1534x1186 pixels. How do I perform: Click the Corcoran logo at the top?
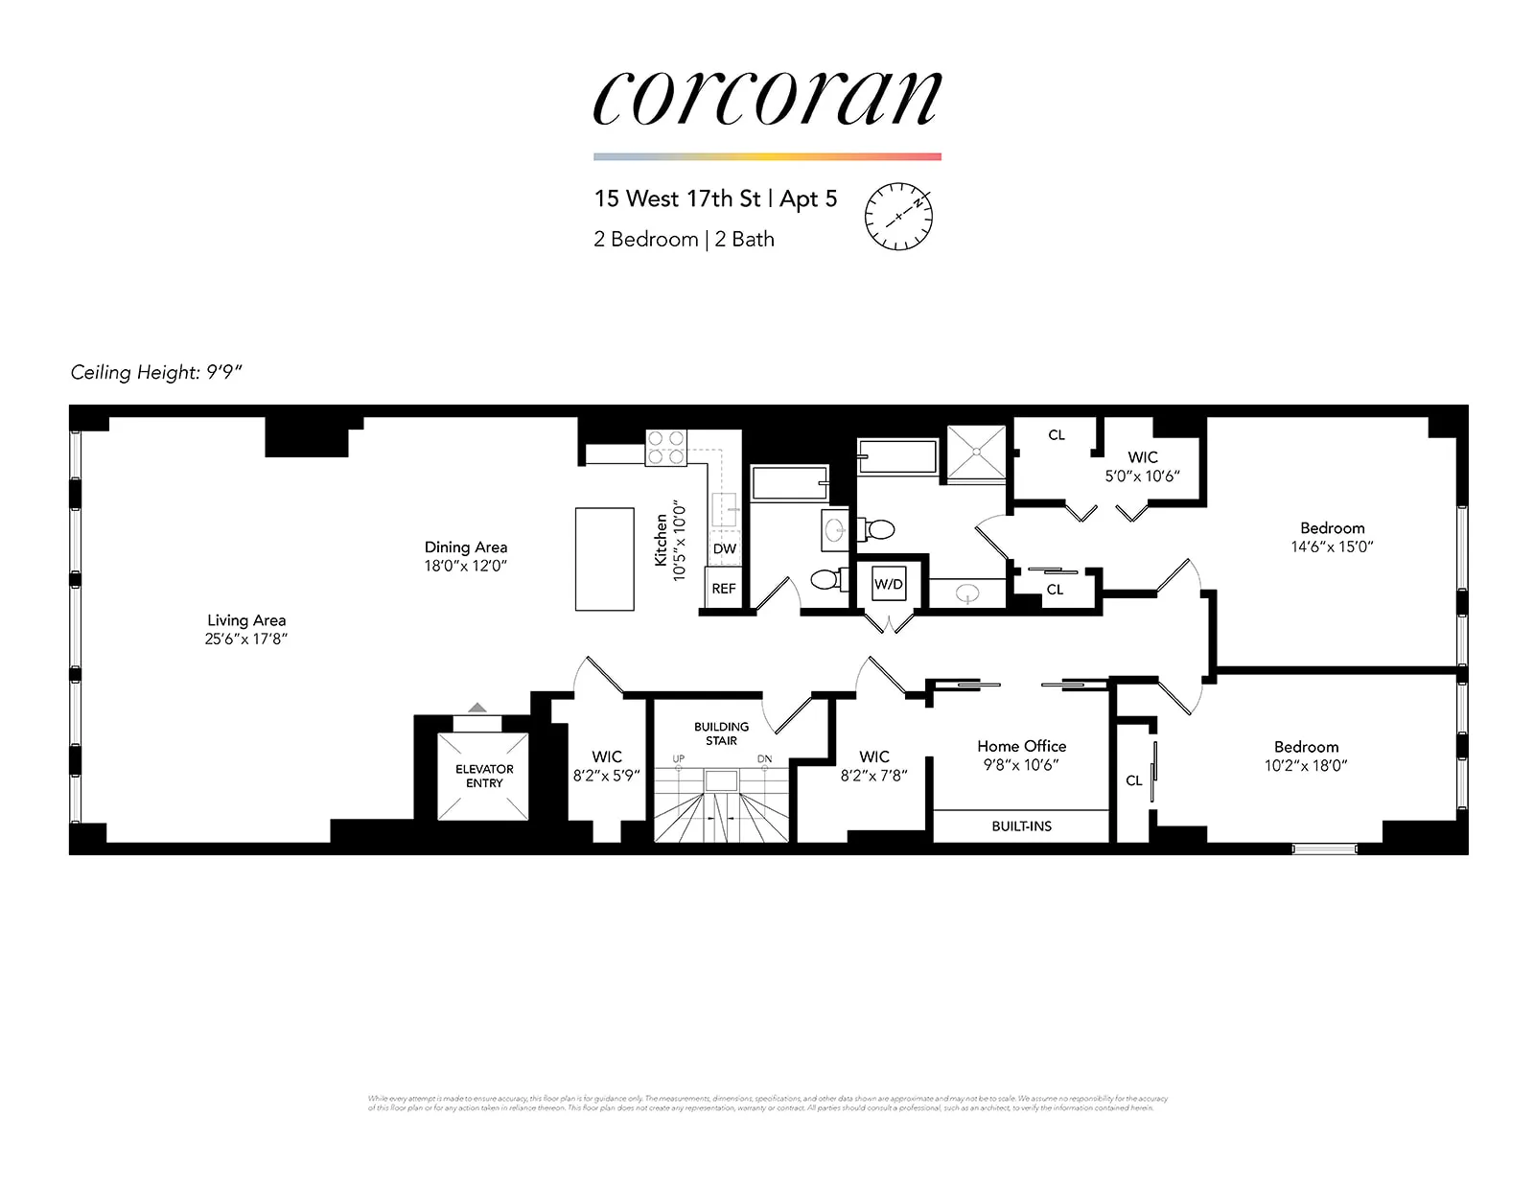click(767, 98)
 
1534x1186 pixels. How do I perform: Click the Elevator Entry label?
click(484, 776)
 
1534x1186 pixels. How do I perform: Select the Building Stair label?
click(721, 733)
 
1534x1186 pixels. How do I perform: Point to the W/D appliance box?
click(888, 584)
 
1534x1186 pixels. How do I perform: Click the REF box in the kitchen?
click(724, 589)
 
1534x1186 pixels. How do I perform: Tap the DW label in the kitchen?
click(725, 548)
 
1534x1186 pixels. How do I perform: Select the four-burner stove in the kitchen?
click(666, 448)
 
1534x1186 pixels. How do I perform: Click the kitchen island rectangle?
click(604, 559)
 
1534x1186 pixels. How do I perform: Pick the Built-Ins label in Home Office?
click(1021, 826)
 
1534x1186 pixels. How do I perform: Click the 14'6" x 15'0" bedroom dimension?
click(1332, 546)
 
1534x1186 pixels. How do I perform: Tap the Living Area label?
click(246, 620)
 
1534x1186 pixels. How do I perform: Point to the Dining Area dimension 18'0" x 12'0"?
click(465, 566)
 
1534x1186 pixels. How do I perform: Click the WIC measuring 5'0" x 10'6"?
click(1142, 467)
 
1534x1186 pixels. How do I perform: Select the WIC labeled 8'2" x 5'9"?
click(606, 766)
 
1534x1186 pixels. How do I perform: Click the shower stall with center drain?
click(976, 453)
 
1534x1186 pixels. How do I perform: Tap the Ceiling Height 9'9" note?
click(156, 372)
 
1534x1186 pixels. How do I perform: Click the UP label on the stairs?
click(679, 759)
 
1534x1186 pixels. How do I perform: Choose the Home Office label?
click(1021, 746)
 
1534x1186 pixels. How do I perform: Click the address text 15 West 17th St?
click(677, 198)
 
